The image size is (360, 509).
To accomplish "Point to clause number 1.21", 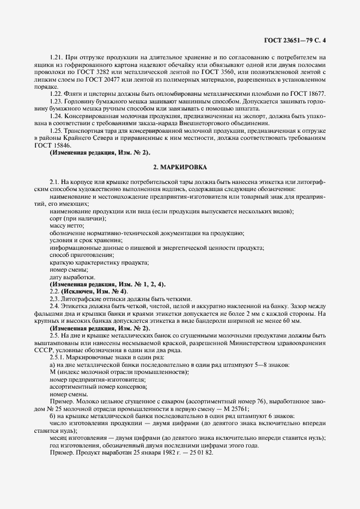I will pos(56,57).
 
